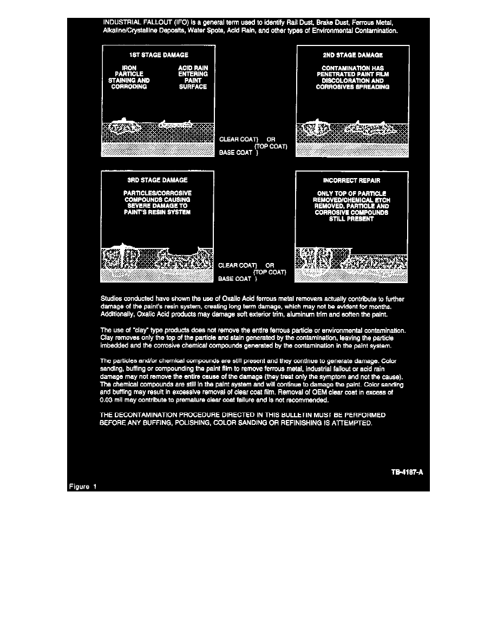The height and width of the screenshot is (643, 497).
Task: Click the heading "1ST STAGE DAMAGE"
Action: click(x=158, y=55)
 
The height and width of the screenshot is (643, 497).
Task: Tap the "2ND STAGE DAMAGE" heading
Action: click(x=352, y=55)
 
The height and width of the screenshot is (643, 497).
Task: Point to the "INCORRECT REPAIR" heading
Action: click(x=352, y=180)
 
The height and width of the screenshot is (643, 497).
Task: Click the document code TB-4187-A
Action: click(x=407, y=472)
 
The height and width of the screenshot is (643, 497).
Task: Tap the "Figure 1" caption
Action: click(x=83, y=486)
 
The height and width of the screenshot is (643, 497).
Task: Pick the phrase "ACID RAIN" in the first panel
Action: click(x=193, y=68)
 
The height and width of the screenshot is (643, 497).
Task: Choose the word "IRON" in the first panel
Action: click(x=129, y=68)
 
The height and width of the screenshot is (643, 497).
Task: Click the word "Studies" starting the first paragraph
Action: click(x=113, y=299)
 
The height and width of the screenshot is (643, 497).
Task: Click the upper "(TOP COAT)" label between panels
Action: click(x=270, y=146)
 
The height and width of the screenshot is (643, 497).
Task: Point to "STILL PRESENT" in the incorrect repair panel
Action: click(x=351, y=219)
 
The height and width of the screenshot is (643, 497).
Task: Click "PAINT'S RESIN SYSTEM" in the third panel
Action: click(x=157, y=212)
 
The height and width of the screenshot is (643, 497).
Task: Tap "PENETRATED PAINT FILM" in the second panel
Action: click(x=352, y=75)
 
